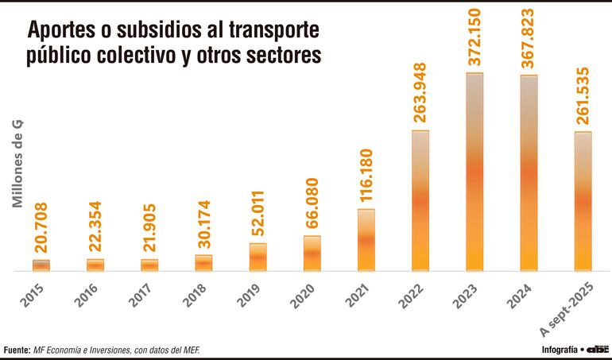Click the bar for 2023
pos(474,172)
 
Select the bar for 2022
pos(420,200)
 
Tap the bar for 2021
pos(366,240)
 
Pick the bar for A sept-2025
pos(583,201)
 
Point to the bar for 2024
pos(529,173)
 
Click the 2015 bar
pos(41,265)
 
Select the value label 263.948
pos(420,93)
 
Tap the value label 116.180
pos(366,173)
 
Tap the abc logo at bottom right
pos(598,349)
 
